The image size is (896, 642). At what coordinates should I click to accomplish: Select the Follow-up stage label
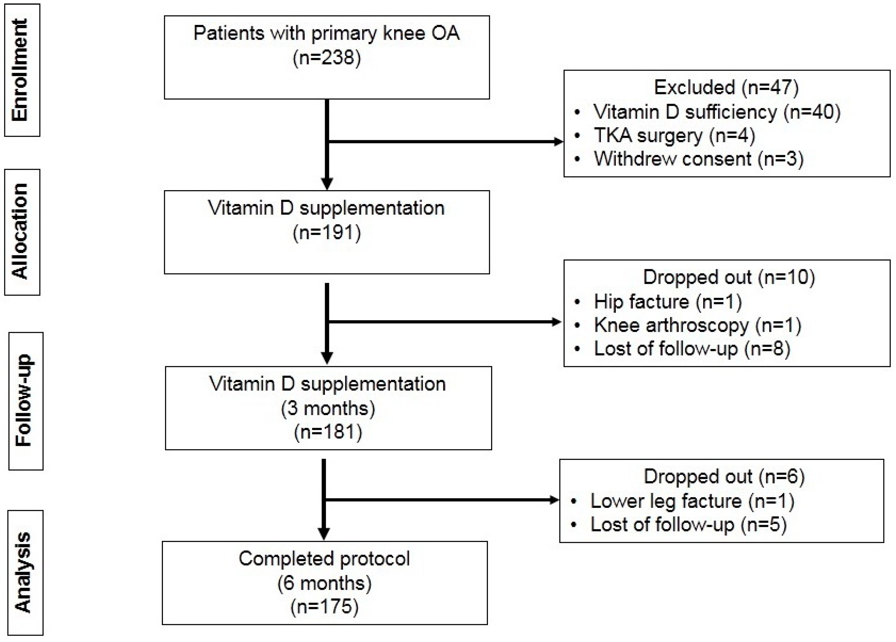pos(24,400)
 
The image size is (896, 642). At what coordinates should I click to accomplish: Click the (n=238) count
pos(327,58)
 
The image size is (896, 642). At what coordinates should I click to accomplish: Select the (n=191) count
pos(327,233)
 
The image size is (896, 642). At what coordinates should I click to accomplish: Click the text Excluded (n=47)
pos(726,87)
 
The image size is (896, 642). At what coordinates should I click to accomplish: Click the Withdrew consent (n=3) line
pos(699,159)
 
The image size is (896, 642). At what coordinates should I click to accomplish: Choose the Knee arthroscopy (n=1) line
pos(697,326)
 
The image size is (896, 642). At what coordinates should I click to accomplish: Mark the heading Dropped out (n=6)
pos(724,477)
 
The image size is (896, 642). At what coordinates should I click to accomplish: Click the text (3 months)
pos(328,408)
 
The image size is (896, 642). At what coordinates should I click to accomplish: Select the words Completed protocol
pos(324,559)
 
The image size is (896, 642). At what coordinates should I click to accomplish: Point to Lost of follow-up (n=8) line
pos(692,349)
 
